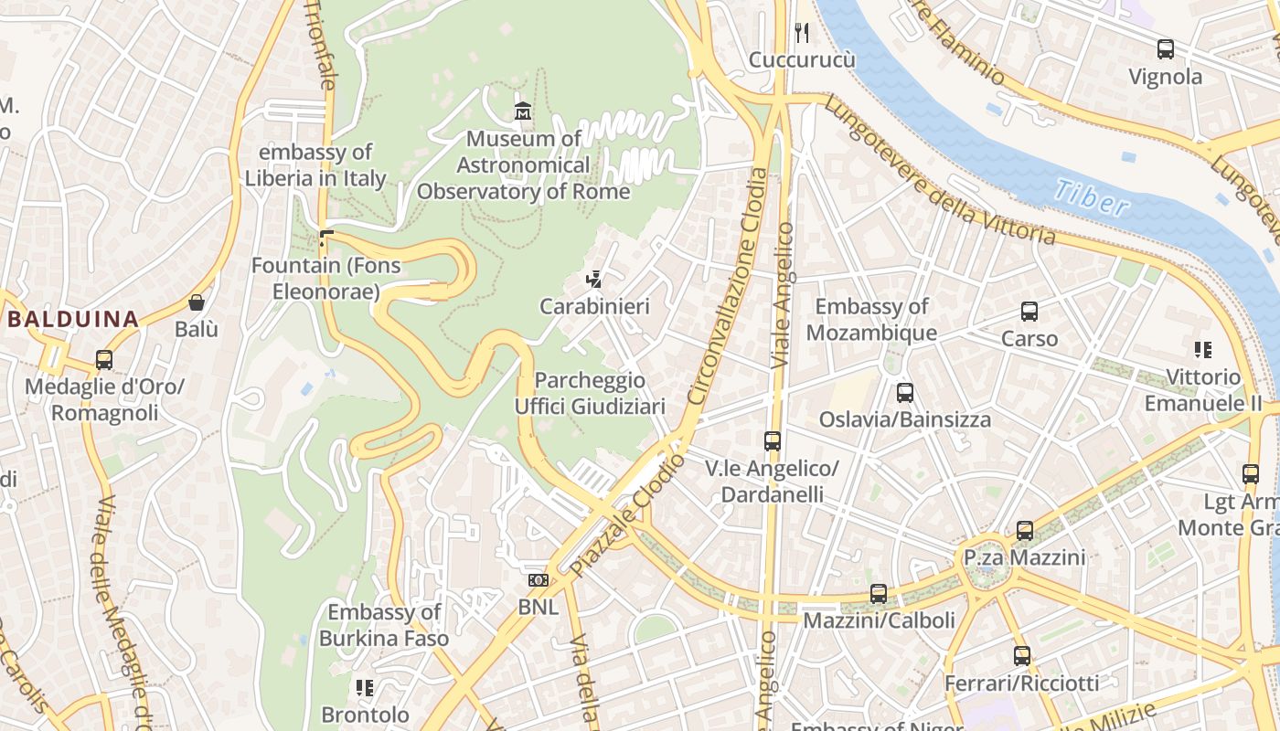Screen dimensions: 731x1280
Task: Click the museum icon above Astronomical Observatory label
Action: pyautogui.click(x=523, y=111)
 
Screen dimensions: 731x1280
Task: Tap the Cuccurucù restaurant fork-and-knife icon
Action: pyautogui.click(x=802, y=33)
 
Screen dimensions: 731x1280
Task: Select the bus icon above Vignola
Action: pyautogui.click(x=1165, y=49)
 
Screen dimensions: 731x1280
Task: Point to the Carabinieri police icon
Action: pyautogui.click(x=593, y=279)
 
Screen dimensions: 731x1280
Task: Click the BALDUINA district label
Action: pyautogui.click(x=73, y=319)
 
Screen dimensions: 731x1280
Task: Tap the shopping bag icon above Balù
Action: pyautogui.click(x=196, y=302)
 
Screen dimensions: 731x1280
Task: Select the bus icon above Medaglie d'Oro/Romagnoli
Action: pyautogui.click(x=104, y=360)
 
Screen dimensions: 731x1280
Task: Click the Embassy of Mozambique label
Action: pyautogui.click(x=871, y=319)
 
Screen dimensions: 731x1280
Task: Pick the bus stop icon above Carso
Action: pyautogui.click(x=1029, y=312)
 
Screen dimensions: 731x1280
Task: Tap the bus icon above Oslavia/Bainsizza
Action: pyautogui.click(x=904, y=393)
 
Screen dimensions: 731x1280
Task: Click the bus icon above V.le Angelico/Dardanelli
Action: pyautogui.click(x=772, y=441)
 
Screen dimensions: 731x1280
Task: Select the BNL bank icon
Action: pyautogui.click(x=538, y=580)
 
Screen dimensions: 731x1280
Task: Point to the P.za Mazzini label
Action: pyautogui.click(x=1024, y=557)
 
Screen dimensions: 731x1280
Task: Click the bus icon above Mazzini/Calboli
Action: pyautogui.click(x=878, y=594)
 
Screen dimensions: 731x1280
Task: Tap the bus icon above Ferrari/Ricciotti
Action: pyautogui.click(x=1021, y=656)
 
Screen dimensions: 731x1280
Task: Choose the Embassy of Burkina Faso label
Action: pyautogui.click(x=383, y=625)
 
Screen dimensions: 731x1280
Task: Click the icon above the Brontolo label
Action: pyautogui.click(x=365, y=687)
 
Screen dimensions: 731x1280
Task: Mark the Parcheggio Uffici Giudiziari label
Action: pyautogui.click(x=590, y=393)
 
